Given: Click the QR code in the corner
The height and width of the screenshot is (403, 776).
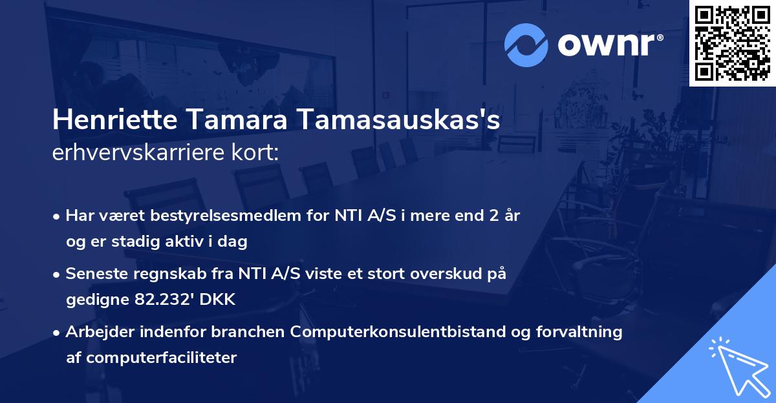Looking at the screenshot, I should (x=733, y=43).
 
